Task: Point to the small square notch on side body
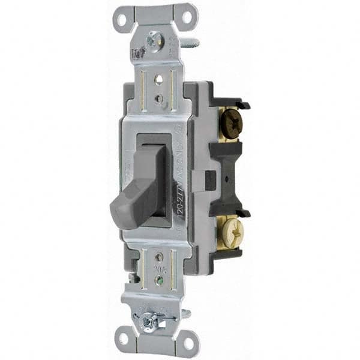coord(211,178)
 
